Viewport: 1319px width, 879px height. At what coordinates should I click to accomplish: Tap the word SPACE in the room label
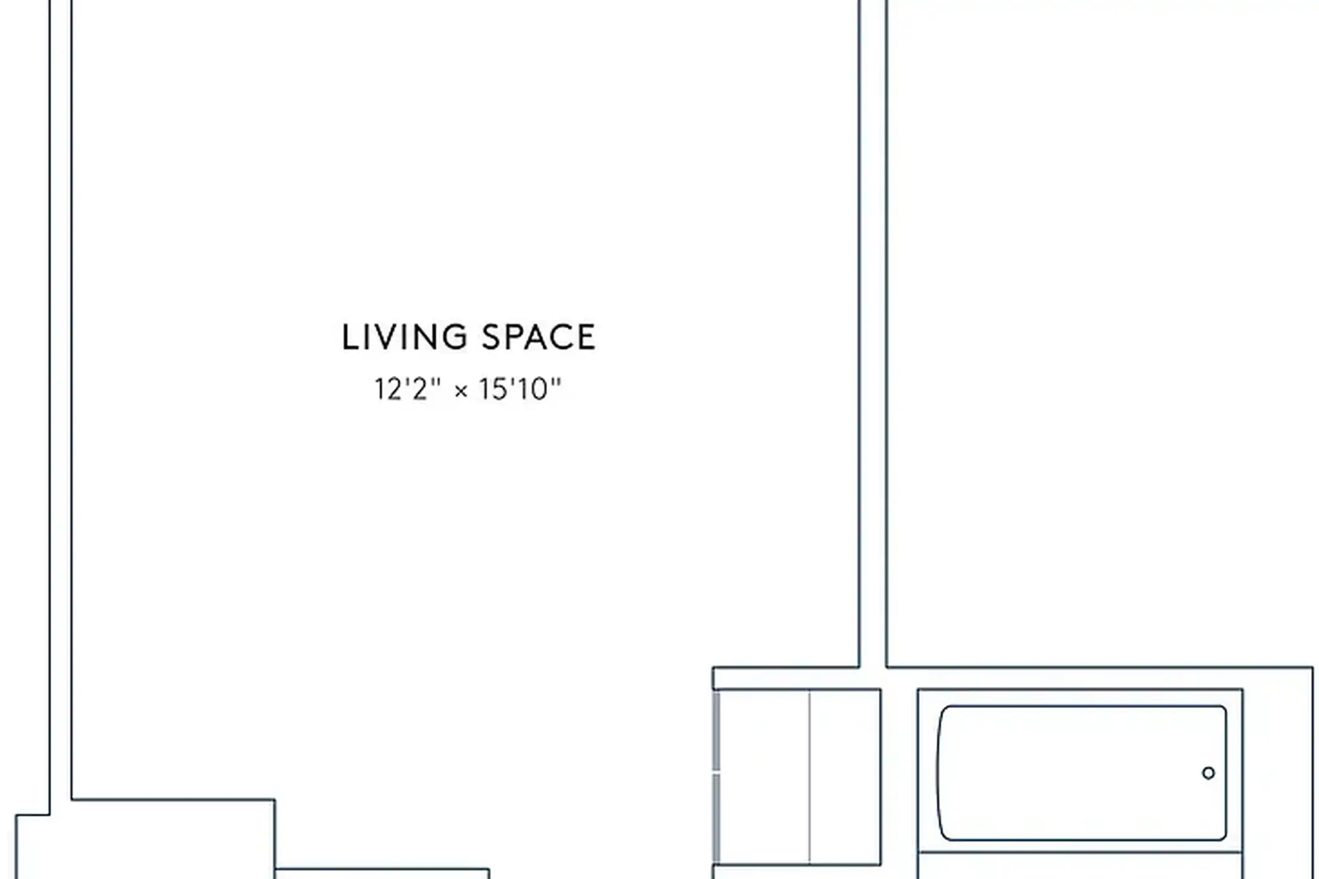[x=539, y=338]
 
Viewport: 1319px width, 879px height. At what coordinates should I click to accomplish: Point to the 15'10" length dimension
[x=520, y=389]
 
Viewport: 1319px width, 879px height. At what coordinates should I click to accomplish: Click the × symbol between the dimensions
[x=461, y=391]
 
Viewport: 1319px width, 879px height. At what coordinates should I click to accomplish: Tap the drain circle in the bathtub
[x=1208, y=773]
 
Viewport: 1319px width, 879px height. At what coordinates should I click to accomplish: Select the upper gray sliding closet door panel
[x=716, y=731]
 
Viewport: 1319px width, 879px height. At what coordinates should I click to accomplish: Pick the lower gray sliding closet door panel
[x=716, y=819]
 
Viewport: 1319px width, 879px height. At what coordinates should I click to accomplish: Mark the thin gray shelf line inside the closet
[x=810, y=776]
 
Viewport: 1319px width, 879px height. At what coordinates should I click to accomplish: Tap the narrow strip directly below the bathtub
[x=1080, y=866]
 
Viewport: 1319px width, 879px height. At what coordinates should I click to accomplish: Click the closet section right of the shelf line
[x=845, y=776]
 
